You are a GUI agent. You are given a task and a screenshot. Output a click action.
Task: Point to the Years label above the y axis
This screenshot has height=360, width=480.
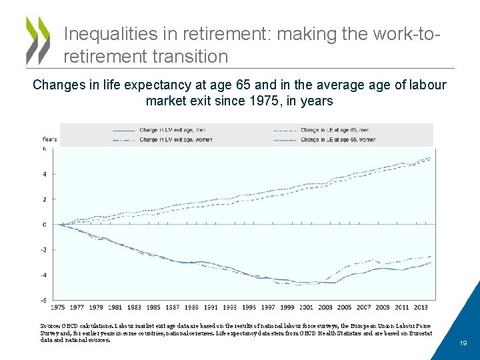pyautogui.click(x=49, y=139)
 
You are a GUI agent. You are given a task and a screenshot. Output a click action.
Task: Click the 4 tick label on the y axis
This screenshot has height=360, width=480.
pyautogui.click(x=45, y=175)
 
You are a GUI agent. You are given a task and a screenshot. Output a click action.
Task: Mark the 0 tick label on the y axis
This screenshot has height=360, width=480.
pyautogui.click(x=45, y=225)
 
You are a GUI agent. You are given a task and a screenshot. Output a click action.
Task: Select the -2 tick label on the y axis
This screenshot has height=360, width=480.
pyautogui.click(x=44, y=250)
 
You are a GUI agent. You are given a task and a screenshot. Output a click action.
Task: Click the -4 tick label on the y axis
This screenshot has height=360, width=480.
pyautogui.click(x=44, y=275)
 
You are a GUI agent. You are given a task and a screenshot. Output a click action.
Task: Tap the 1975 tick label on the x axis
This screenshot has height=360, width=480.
pyautogui.click(x=58, y=307)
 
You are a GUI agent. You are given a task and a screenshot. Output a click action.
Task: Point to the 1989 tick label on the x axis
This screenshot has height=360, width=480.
pyautogui.click(x=191, y=307)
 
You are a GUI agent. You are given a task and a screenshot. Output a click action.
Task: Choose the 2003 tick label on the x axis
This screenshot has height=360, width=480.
pyautogui.click(x=325, y=307)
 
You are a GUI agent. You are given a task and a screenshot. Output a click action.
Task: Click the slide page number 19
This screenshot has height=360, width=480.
pyautogui.click(x=463, y=343)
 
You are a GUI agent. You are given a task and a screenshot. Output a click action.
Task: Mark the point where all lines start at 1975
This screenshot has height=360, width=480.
pyautogui.click(x=58, y=225)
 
